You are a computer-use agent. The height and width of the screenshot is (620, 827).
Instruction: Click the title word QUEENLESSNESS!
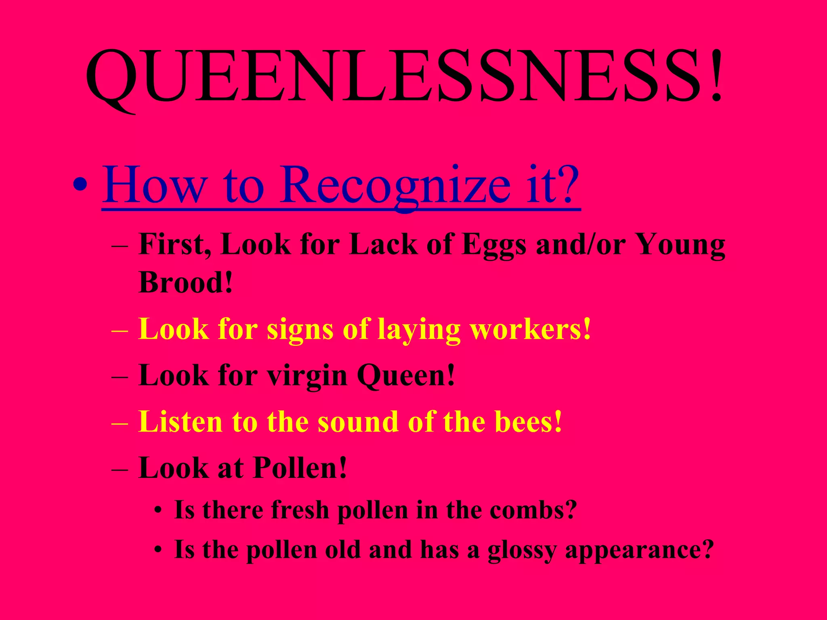click(x=404, y=77)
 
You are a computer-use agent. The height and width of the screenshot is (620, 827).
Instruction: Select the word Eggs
click(x=494, y=245)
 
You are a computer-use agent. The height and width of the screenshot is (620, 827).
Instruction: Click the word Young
click(x=680, y=245)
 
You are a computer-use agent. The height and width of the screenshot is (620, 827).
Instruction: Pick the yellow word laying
click(x=419, y=330)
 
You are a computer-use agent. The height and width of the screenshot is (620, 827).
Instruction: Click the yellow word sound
click(x=358, y=421)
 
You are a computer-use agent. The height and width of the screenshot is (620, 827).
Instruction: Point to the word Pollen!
click(x=300, y=468)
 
